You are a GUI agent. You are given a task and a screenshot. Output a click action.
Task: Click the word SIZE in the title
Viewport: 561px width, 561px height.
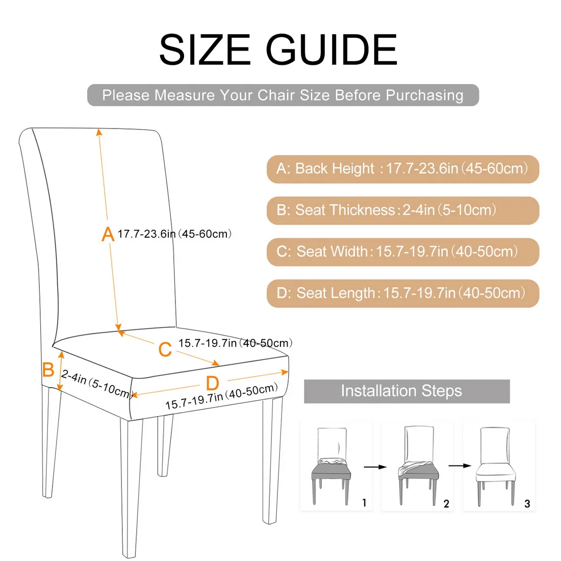[204, 49]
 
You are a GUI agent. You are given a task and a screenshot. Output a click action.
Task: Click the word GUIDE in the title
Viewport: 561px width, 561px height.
[331, 49]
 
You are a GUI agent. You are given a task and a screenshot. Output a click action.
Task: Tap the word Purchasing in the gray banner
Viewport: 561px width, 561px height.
[424, 95]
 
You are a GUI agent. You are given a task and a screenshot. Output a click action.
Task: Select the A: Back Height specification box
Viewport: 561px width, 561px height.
[402, 169]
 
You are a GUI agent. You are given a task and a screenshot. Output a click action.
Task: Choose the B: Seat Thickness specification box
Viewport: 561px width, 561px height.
[402, 210]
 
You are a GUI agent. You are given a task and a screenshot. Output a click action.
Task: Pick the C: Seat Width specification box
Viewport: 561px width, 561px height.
[402, 252]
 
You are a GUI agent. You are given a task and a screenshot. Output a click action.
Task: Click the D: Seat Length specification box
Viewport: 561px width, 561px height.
[402, 293]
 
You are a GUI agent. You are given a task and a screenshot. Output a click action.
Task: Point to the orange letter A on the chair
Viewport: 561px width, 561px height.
[108, 235]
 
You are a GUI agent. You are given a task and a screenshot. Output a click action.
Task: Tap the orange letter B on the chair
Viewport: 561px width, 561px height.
[48, 370]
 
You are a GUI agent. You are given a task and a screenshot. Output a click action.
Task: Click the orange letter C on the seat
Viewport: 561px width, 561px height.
[165, 350]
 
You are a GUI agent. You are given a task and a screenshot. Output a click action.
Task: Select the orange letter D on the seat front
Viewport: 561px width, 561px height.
[212, 384]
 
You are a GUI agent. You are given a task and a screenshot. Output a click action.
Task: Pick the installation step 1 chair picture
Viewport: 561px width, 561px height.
[331, 466]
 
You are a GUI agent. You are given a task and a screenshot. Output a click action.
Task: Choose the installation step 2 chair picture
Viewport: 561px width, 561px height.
[416, 466]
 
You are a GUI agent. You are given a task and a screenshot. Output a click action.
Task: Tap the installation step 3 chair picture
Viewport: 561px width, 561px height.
[495, 466]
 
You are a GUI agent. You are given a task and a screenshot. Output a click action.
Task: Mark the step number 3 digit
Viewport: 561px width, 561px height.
[527, 504]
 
